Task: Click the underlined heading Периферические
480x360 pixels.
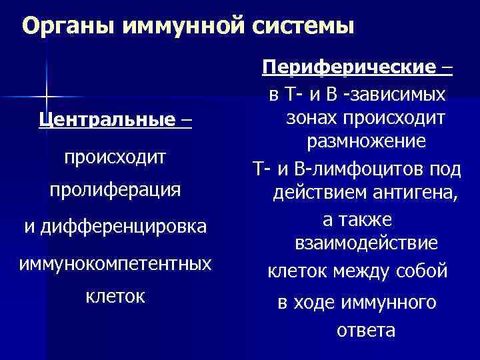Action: point(351,67)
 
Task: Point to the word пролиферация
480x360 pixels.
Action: point(115,189)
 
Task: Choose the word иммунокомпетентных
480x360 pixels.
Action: point(115,263)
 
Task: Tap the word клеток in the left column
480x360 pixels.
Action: point(115,295)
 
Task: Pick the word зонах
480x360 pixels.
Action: point(309,117)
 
